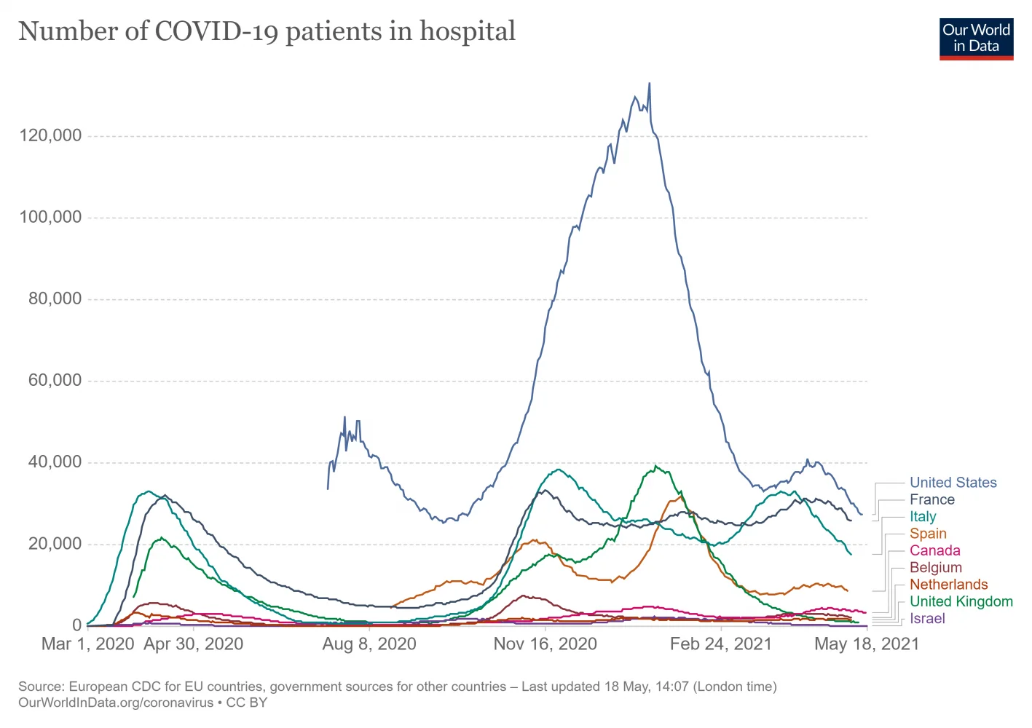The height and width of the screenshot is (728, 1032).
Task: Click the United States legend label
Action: pos(953,483)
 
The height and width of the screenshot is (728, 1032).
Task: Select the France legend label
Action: pos(931,499)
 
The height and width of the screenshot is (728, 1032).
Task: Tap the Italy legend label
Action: pos(923,517)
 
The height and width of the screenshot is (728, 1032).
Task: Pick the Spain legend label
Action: pos(928,534)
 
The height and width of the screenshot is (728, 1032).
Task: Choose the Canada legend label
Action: pos(934,550)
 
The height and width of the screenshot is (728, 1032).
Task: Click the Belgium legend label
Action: pos(935,568)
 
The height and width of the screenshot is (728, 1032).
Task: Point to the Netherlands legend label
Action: pos(948,585)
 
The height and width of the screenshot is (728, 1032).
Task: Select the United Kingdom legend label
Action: pos(961,601)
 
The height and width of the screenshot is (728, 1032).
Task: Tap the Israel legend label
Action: pos(927,619)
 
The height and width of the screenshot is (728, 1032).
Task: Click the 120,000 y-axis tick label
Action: pos(50,136)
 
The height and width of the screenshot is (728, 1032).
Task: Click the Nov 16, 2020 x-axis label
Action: pos(545,644)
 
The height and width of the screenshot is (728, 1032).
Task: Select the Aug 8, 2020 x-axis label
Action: pos(369,644)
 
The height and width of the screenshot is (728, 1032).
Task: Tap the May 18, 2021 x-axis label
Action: pos(866,644)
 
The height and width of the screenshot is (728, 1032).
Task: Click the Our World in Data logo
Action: pos(976,39)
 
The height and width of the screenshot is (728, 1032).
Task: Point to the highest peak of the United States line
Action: pos(650,84)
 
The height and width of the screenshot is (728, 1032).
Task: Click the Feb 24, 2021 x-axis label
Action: pos(720,644)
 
